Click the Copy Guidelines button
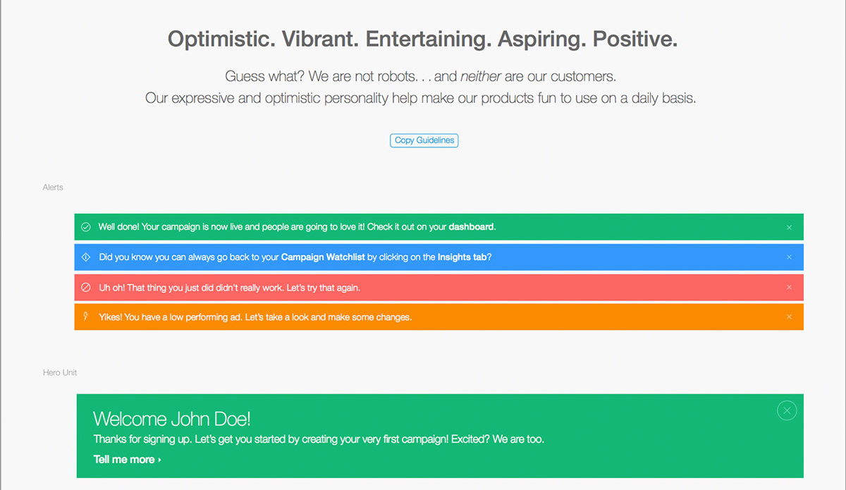point(424,140)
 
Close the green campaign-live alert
point(789,228)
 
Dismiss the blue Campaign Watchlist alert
point(789,257)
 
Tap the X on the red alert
point(789,288)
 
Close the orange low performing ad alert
point(789,317)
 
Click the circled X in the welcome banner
point(787,410)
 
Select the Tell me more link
point(128,460)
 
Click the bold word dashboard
point(471,227)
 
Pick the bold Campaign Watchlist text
point(323,257)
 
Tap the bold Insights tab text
point(462,257)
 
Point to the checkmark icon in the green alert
point(86,227)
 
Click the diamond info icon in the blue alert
point(86,257)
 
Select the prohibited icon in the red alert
point(86,288)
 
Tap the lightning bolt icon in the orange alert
point(86,316)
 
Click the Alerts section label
point(53,188)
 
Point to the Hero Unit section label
point(60,372)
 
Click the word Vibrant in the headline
point(320,39)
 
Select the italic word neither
point(480,76)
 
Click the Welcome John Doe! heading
point(172,419)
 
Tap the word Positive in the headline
point(635,39)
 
